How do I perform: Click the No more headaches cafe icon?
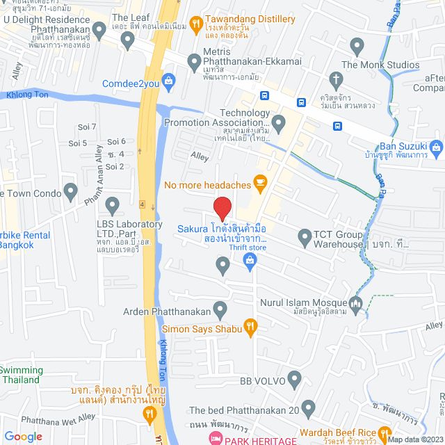coord(261,184)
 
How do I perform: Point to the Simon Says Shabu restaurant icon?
coord(251,325)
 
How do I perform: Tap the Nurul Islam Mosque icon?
coord(356,303)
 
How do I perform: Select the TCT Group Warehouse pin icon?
coord(305,238)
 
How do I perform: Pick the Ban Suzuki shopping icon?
coord(436,147)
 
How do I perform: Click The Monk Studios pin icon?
coord(357,48)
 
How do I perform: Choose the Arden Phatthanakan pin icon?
coord(220,308)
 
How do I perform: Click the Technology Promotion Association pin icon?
coord(279,124)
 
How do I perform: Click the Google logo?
coord(23,436)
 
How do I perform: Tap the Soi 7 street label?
coord(87,127)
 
